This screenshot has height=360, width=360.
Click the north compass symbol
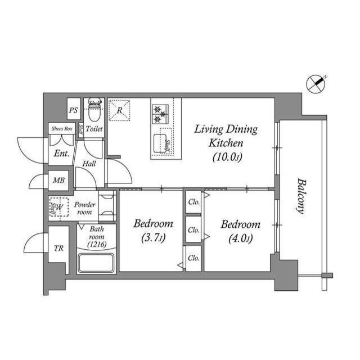(316, 84)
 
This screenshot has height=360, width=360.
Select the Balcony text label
(301, 195)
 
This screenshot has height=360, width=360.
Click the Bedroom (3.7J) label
(152, 231)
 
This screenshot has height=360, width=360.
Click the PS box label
(73, 110)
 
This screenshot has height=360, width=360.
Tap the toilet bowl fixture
(94, 114)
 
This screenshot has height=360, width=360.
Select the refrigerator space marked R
(119, 110)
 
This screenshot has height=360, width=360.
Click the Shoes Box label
(61, 128)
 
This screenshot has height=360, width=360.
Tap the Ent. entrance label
(61, 153)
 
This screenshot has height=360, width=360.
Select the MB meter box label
(58, 181)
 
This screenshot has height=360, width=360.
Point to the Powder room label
(84, 208)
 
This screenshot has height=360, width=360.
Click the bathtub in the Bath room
(96, 263)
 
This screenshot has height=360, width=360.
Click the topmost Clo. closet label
(194, 201)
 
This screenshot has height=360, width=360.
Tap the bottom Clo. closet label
(194, 258)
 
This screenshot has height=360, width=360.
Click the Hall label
(89, 164)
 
